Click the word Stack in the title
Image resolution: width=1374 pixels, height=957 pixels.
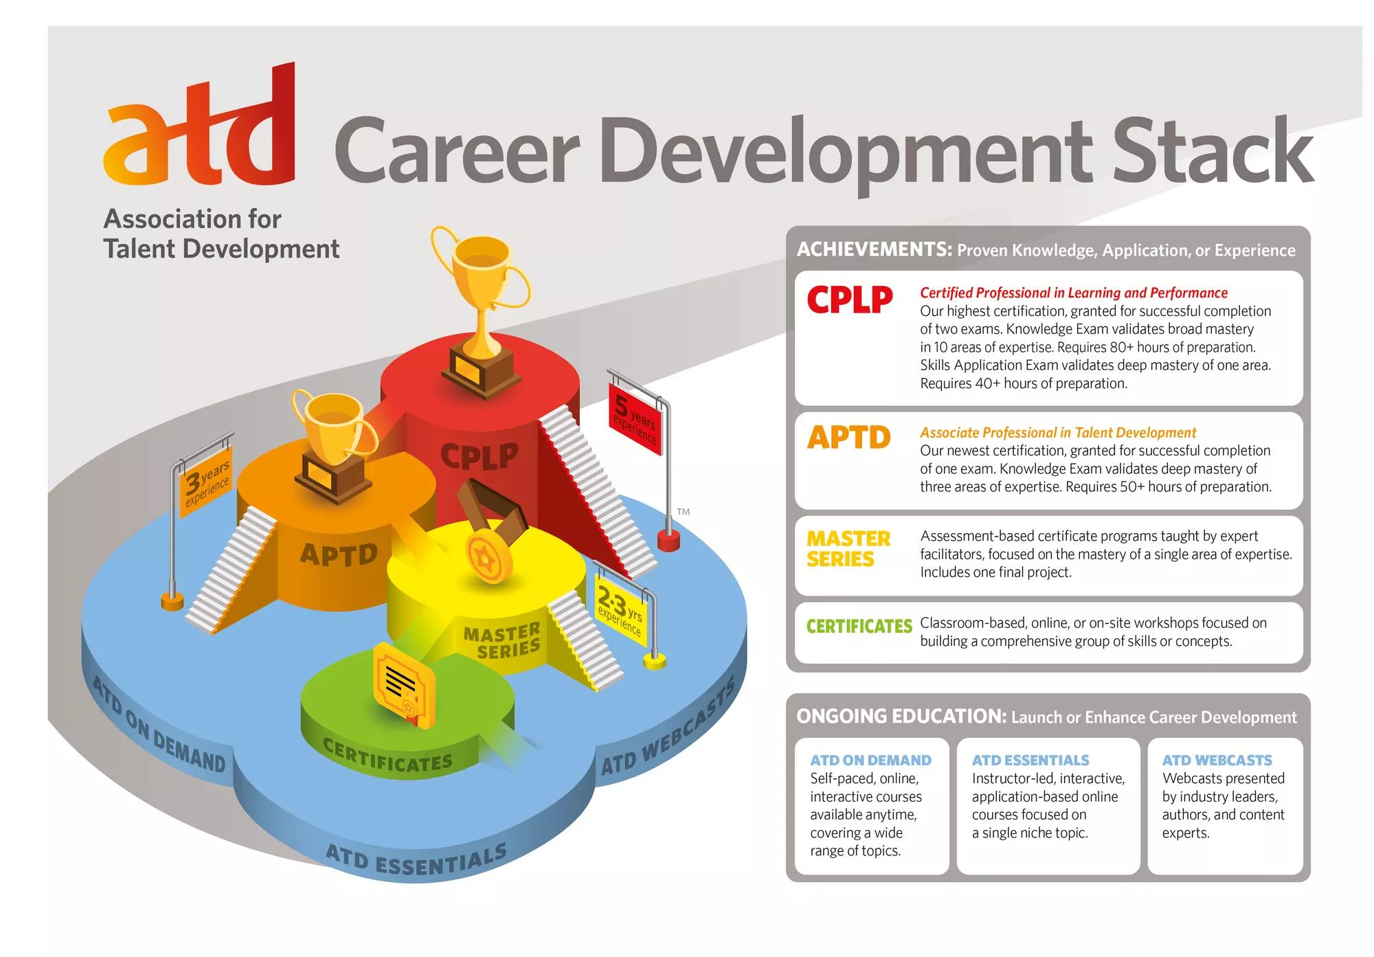(x=1213, y=150)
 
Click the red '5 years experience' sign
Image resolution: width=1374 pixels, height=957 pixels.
(x=634, y=419)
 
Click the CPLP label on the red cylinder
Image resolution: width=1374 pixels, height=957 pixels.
(x=479, y=456)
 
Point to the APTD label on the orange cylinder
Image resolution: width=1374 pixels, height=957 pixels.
(x=339, y=554)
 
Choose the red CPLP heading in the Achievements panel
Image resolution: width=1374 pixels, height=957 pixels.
(x=850, y=300)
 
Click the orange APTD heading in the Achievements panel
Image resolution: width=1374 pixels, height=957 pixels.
(x=849, y=437)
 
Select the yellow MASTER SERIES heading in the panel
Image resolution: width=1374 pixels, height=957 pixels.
(x=848, y=549)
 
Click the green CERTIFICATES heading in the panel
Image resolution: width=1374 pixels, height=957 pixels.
(x=859, y=626)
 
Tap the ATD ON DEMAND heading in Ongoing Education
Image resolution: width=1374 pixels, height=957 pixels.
(x=870, y=761)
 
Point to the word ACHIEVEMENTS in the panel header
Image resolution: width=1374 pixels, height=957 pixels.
(x=875, y=249)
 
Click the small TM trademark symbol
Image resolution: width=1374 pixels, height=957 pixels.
(x=683, y=512)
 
